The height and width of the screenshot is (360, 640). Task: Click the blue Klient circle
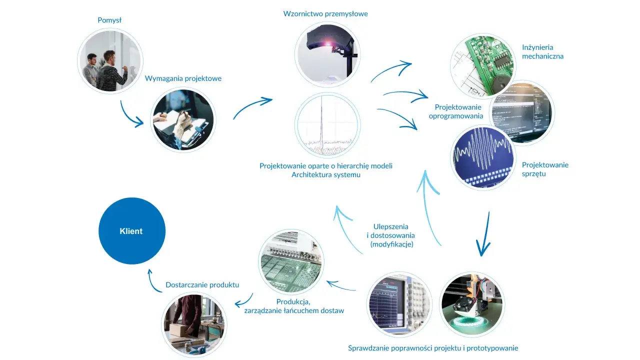132,231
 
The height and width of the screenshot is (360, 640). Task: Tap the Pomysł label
109,20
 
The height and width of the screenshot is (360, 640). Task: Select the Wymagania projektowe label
183,78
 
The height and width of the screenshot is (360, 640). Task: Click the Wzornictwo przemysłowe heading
325,13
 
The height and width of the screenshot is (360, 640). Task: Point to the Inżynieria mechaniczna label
542,51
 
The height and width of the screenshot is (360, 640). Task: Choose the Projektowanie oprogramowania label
456,111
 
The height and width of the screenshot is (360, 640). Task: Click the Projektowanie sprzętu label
545,169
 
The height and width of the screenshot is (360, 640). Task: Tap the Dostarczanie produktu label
202,285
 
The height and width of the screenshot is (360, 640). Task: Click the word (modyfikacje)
391,244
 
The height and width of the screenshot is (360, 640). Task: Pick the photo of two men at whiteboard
110,61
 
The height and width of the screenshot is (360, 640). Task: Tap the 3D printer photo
472,304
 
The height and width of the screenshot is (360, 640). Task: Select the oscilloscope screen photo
399,304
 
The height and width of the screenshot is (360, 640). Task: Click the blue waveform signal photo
483,157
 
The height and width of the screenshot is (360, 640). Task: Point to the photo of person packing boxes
194,325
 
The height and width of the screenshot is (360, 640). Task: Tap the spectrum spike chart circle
327,125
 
